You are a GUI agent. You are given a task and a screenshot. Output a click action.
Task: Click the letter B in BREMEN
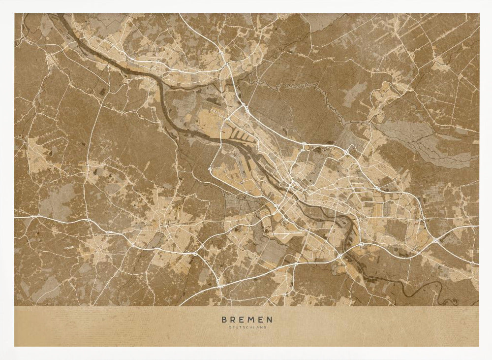pos(224,320)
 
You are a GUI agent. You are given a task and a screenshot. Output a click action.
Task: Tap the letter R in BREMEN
pos(233,320)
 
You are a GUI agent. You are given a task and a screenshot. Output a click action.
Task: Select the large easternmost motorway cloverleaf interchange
pos(436,240)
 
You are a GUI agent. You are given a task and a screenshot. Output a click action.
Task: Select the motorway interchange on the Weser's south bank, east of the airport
pos(340,257)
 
